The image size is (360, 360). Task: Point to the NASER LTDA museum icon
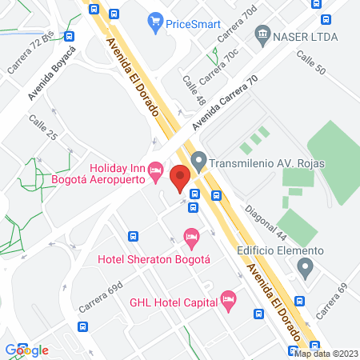pos(261,34)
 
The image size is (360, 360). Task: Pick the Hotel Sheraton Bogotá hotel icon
pos(190,236)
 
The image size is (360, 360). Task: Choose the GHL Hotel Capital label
pos(174,303)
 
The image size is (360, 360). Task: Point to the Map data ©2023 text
pos(326,353)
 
